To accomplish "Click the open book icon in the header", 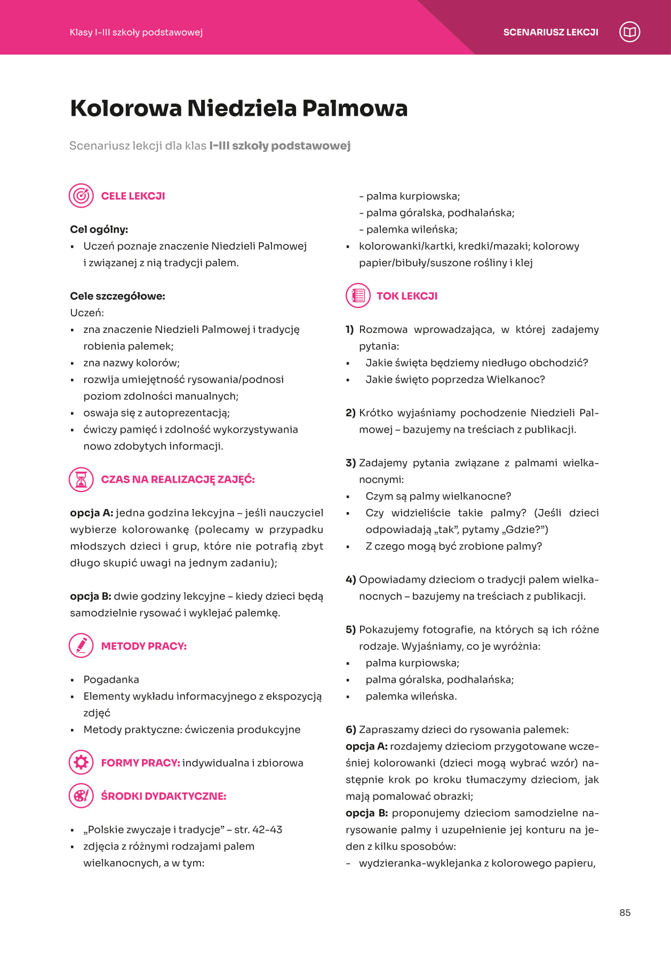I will point(629,32).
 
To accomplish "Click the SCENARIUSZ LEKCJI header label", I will point(550,32).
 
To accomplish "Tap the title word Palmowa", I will point(355,108).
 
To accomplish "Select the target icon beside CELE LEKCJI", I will point(81,196).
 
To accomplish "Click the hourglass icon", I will point(81,479).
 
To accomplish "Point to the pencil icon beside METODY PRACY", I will point(81,646).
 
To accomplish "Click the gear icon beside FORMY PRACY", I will point(81,762).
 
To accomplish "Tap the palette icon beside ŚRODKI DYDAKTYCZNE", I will point(81,796).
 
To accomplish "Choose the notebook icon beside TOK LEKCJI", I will point(358,296).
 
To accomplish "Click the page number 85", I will point(625,913).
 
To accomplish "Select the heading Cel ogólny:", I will point(99,229).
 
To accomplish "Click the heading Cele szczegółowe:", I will point(117,296).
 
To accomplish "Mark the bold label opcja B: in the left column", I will point(90,596).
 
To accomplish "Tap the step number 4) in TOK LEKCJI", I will point(350,579).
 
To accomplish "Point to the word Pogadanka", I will point(111,679).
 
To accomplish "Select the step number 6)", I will point(350,729).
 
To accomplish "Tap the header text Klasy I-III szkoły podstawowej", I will point(136,32).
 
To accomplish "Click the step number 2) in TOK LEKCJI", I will point(350,412).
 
